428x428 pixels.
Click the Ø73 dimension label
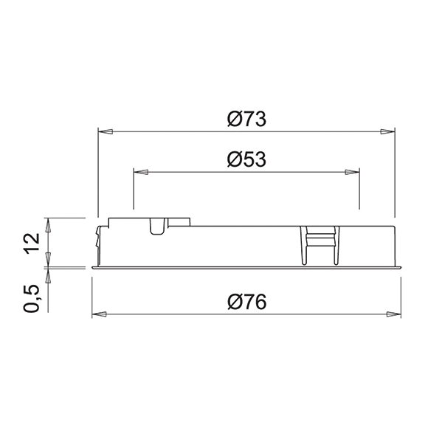coord(246,119)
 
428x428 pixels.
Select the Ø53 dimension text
coord(246,159)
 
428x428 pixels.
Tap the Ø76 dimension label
coord(246,302)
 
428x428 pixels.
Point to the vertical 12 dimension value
coord(32,244)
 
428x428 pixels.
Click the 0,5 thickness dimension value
coord(32,298)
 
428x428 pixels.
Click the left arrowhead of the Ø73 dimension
coord(106,131)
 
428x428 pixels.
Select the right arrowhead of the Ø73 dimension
coord(387,131)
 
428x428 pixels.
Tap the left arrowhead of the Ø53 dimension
coord(141,172)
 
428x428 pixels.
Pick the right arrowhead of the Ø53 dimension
coord(352,172)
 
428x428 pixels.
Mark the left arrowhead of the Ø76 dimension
coord(100,314)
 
